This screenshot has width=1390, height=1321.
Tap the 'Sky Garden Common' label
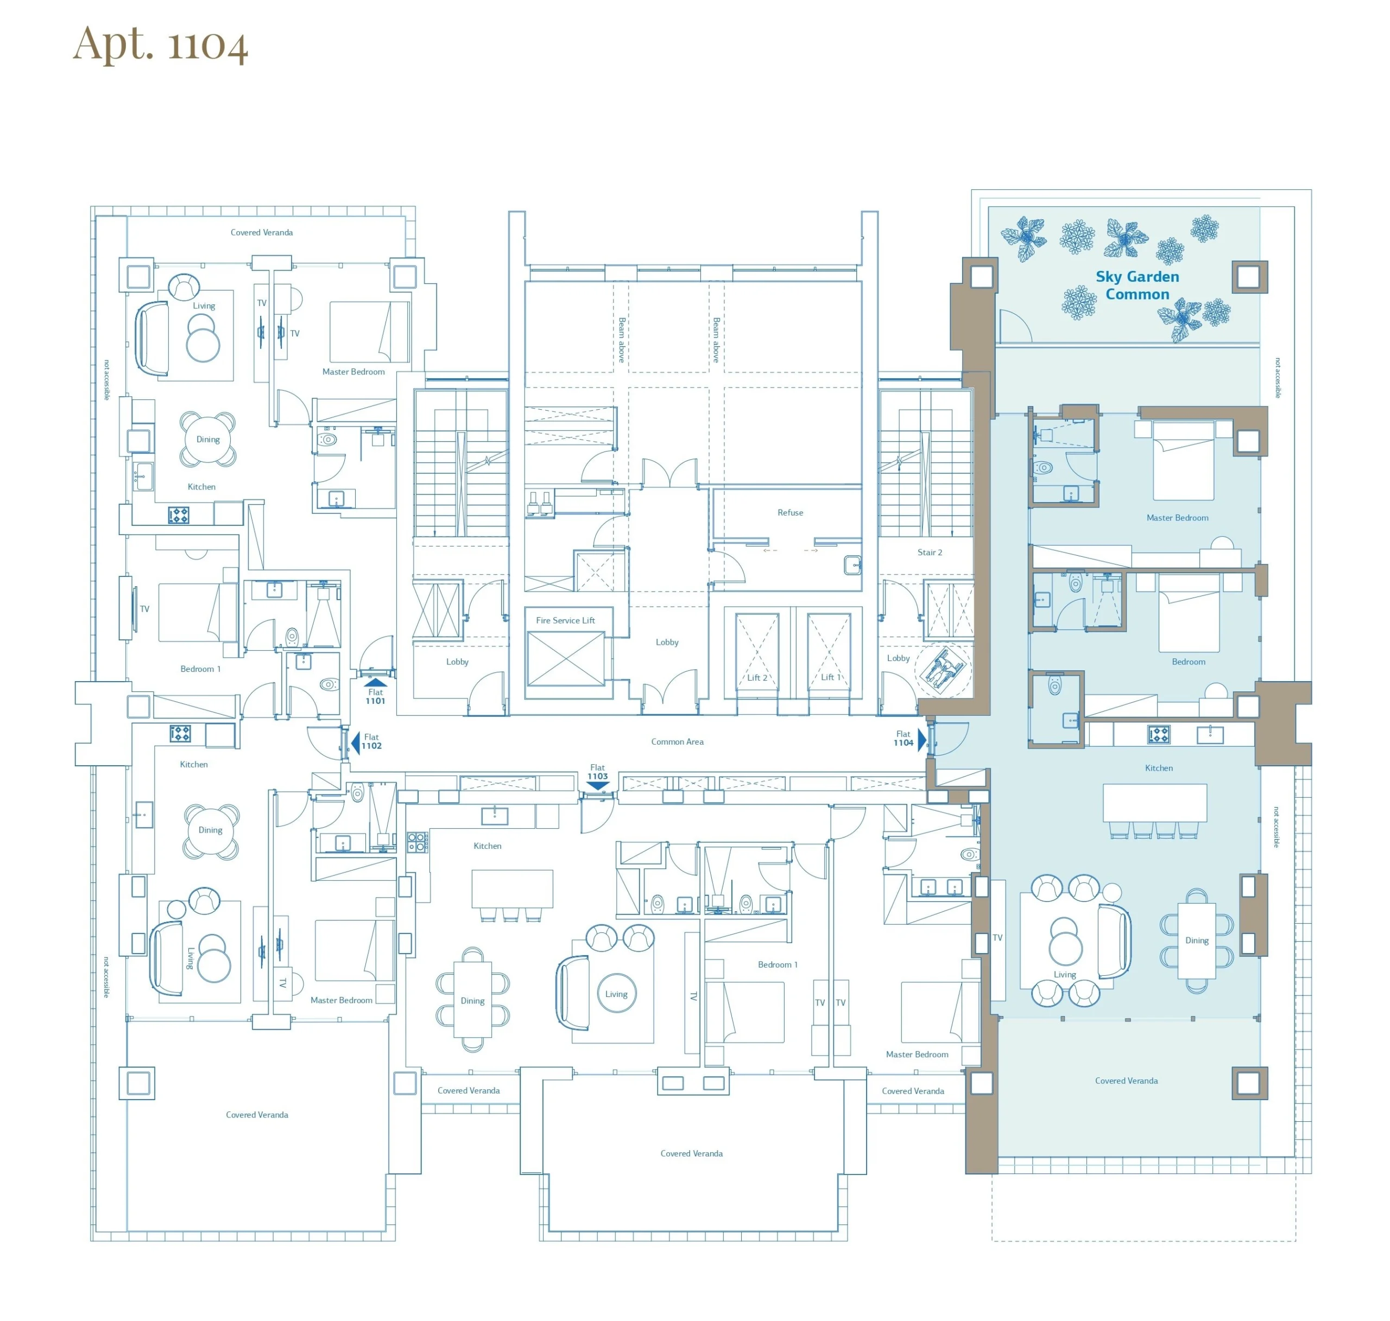(1137, 285)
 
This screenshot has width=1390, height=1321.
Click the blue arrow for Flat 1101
(376, 682)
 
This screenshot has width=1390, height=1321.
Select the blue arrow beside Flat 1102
(355, 742)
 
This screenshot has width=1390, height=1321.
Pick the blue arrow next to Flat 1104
(922, 740)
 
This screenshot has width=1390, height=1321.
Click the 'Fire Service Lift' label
(565, 620)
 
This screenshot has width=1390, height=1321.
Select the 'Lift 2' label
(757, 677)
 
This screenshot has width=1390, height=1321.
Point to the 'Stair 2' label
(929, 552)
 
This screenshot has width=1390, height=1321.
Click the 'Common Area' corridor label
(677, 741)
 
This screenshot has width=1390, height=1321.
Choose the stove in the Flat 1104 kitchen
(1159, 734)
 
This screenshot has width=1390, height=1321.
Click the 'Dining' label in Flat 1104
(1196, 940)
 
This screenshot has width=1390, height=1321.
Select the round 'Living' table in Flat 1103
(616, 994)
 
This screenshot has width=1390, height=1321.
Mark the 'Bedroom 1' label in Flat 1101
(200, 669)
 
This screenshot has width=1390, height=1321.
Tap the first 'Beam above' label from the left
(621, 340)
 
